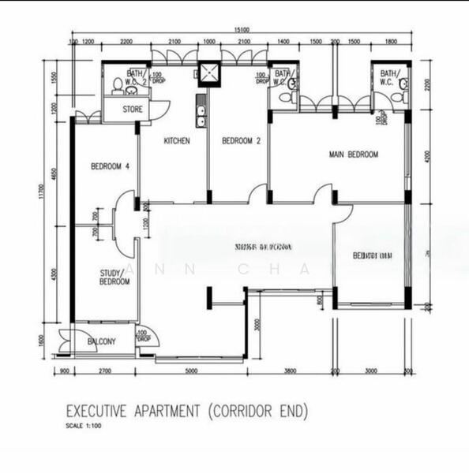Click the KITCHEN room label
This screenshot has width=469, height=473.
point(177,141)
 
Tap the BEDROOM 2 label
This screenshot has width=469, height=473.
point(241,141)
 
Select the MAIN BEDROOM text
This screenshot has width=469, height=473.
point(353,155)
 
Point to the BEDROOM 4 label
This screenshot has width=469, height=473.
point(110,166)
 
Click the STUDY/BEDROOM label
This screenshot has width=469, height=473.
point(114,277)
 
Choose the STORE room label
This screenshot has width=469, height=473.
point(133,110)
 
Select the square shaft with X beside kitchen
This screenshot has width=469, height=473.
point(211,73)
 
